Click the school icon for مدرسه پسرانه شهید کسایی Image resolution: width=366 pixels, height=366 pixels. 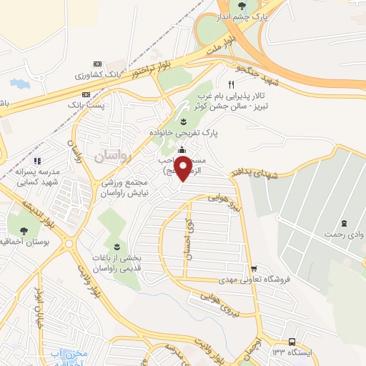tap(38, 161)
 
